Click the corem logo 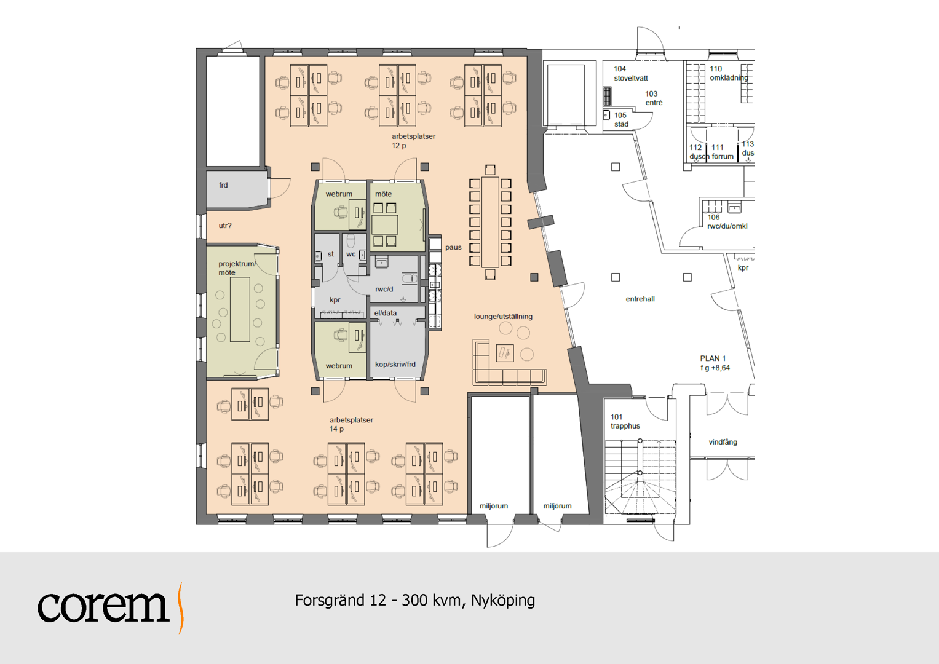point(111,607)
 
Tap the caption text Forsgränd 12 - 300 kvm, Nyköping point(414,601)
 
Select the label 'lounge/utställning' point(503,317)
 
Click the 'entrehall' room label point(640,299)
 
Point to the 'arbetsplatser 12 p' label point(413,141)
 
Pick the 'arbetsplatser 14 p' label point(351,424)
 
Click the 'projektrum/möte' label point(237,268)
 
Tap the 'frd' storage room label point(223,185)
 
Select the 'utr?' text point(225,226)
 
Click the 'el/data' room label point(385,313)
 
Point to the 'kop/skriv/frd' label point(395,364)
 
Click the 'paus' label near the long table point(453,247)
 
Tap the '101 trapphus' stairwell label point(625,421)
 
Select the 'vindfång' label point(723,442)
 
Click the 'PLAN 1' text point(713,358)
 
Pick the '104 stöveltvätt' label point(630,73)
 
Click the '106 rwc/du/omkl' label point(727,222)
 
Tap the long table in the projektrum point(240,309)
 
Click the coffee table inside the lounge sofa point(505,353)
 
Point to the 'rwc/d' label point(384,289)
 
